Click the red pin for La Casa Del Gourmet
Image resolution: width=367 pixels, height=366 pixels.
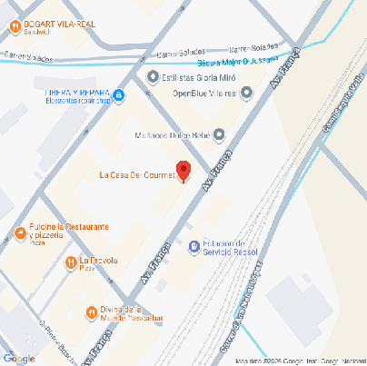183,170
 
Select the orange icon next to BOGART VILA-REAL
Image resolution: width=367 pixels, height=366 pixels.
15,26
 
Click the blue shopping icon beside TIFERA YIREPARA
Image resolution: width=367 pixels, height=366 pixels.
119,94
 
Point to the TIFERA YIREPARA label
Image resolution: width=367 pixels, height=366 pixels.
77,93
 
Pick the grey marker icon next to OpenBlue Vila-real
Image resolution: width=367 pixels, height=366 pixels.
246,93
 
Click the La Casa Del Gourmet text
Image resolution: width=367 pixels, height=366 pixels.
136,175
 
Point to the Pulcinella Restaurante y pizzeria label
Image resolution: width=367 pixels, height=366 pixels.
69,231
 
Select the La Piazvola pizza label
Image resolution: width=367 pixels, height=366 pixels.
99,262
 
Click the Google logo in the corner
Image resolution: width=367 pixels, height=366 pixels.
19,357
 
